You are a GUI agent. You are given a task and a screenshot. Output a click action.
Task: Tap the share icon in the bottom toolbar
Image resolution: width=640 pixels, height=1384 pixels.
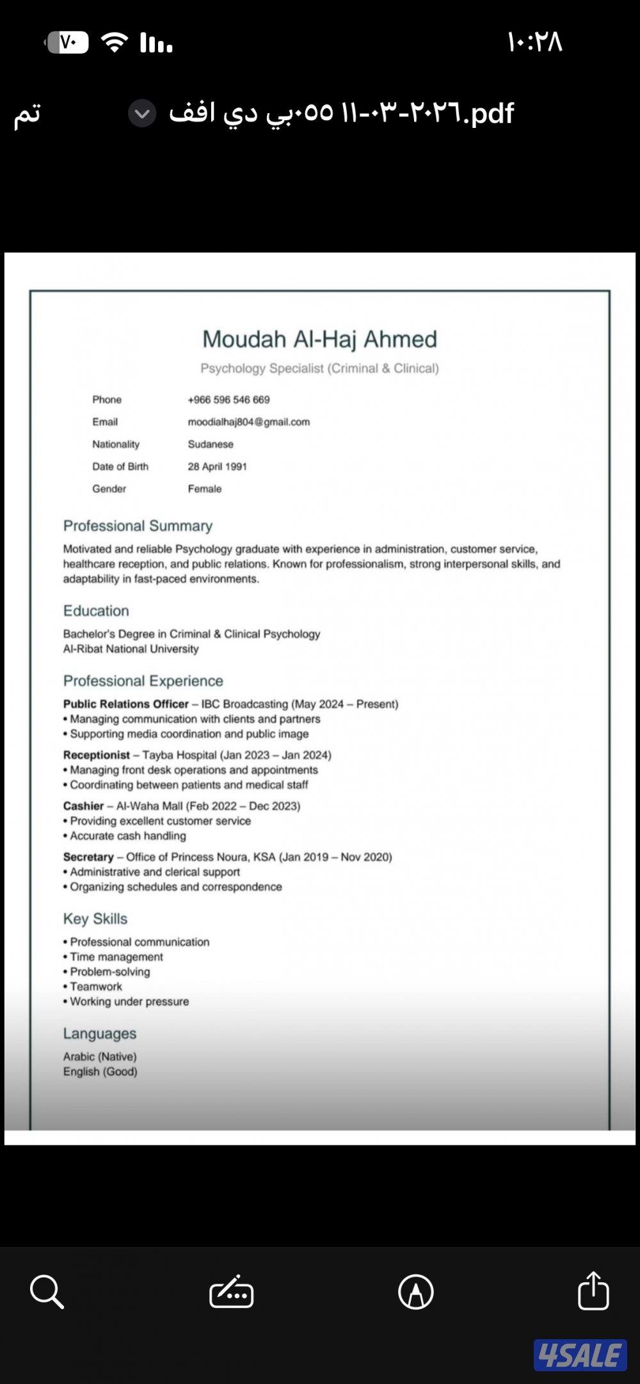(593, 1291)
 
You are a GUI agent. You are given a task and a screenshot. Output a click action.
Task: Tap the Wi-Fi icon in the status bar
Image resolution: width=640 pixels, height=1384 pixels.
(115, 42)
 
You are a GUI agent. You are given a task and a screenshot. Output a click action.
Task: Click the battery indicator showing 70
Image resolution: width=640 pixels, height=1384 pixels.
(67, 42)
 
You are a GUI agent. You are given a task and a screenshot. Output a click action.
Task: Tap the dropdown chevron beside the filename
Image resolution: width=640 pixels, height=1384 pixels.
(142, 114)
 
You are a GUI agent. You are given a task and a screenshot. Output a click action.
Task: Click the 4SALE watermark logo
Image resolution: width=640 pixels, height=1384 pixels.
(580, 1355)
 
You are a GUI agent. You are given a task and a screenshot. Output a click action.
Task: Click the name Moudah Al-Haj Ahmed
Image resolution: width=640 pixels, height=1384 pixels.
(319, 339)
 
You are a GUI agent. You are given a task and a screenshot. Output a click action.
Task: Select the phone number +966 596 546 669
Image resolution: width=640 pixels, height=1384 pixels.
(228, 400)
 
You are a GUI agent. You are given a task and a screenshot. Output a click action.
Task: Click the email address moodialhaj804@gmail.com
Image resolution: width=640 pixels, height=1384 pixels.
(248, 422)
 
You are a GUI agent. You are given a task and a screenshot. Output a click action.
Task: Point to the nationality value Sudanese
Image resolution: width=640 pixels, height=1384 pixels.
(211, 444)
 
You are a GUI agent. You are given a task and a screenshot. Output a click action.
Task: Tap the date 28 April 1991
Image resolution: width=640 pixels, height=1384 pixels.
(217, 467)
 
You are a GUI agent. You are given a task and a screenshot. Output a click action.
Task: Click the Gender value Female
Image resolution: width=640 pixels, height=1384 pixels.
(205, 489)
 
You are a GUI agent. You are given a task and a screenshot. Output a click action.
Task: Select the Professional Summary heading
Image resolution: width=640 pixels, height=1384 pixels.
(138, 526)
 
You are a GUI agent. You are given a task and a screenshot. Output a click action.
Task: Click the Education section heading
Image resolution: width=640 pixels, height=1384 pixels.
(96, 611)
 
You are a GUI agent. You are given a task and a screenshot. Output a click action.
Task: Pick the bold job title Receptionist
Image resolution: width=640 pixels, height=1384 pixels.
(96, 755)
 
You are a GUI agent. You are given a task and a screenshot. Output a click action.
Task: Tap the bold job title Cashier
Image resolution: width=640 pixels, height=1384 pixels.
(83, 806)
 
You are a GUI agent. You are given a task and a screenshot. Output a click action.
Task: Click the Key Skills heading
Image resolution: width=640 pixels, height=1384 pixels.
(95, 919)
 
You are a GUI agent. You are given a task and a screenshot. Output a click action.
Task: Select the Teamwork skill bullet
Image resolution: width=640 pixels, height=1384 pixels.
(95, 987)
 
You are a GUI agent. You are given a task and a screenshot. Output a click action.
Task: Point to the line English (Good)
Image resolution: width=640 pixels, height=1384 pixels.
(100, 1072)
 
